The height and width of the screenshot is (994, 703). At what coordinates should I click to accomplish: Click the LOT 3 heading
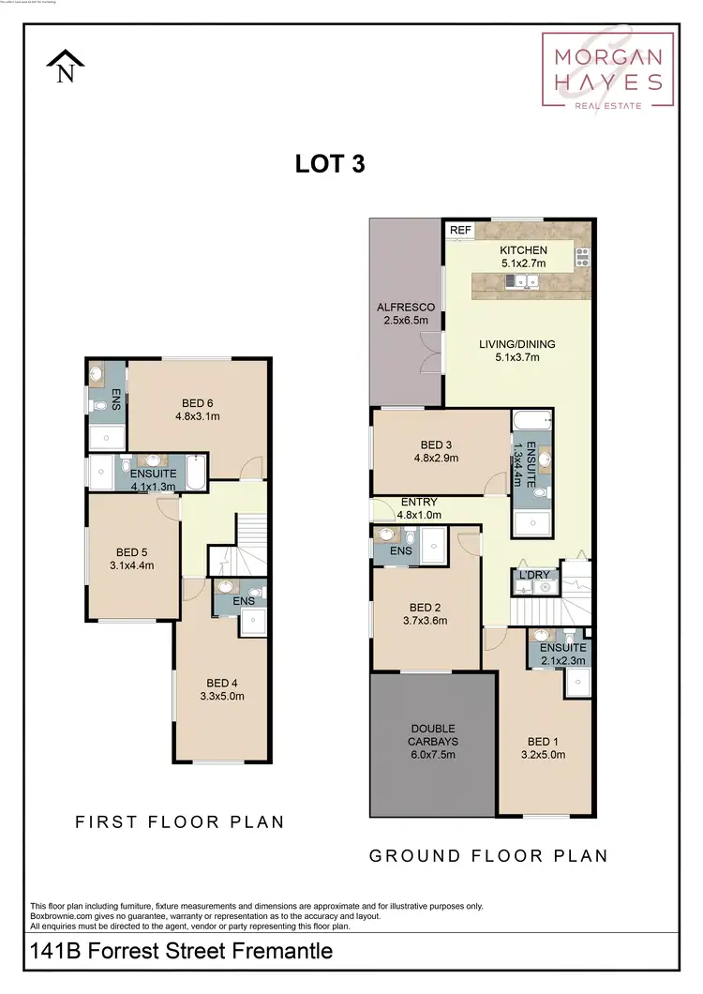[x=329, y=164]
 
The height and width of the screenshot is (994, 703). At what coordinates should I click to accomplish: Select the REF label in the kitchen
[x=459, y=230]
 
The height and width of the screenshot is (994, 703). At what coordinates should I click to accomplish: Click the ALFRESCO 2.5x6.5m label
[x=406, y=314]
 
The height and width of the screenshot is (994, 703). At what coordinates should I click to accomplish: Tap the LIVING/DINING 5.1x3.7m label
[x=510, y=349]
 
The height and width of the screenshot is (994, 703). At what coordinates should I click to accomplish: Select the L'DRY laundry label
[x=527, y=574]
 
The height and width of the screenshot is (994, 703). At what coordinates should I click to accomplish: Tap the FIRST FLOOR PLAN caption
[x=180, y=822]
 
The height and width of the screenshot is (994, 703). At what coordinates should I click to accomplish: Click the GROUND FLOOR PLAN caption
[x=488, y=855]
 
